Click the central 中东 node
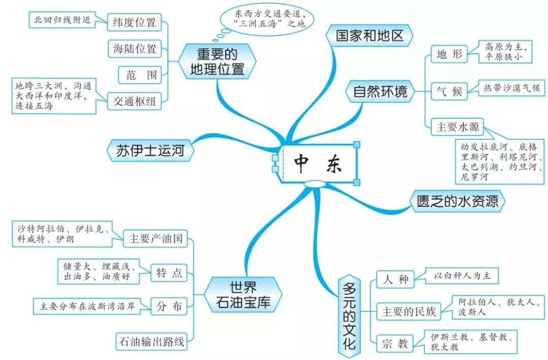(320, 163)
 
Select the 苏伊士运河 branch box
(150, 151)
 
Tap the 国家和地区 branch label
(369, 35)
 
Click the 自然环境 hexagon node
(380, 91)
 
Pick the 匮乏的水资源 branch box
(458, 201)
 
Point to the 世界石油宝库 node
(243, 295)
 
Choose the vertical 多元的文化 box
(349, 316)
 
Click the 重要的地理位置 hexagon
(217, 61)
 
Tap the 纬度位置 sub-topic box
(134, 22)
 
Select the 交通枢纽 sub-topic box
(134, 101)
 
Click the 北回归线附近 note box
(62, 20)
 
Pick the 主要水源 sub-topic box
(458, 127)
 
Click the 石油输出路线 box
(151, 341)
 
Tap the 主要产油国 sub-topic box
(156, 238)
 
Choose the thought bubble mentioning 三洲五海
(267, 19)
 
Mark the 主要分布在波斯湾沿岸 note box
(87, 306)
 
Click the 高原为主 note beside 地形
(505, 52)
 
